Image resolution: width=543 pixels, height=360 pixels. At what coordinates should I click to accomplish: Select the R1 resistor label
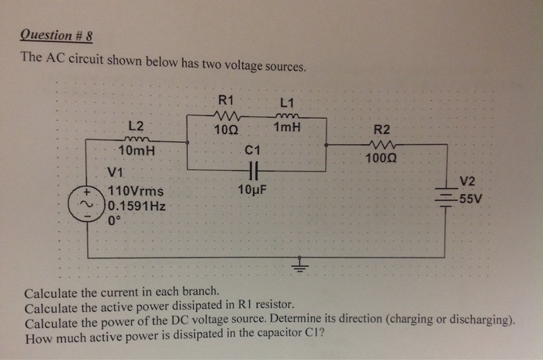[226, 99]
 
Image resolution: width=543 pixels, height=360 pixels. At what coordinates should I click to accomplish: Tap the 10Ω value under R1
[226, 130]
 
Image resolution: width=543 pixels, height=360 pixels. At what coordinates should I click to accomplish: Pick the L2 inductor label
[135, 126]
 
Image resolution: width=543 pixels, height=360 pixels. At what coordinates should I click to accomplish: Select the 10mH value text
[136, 151]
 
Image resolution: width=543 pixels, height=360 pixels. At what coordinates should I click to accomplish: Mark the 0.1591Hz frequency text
[137, 206]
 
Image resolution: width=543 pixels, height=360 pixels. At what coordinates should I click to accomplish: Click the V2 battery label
[468, 182]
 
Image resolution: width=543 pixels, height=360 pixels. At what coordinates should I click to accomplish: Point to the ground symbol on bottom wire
[298, 268]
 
